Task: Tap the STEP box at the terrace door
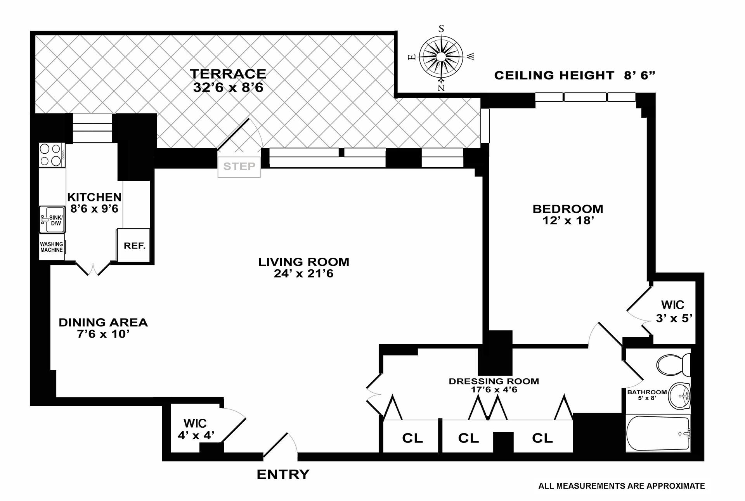[x=239, y=166]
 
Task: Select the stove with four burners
[x=52, y=155]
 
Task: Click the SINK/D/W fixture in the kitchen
[x=52, y=220]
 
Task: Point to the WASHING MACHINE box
[x=52, y=247]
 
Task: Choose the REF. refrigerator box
[x=134, y=245]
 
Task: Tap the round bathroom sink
[x=680, y=395]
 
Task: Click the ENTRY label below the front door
[x=283, y=475]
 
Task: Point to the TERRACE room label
[x=228, y=74]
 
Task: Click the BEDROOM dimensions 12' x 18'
[x=568, y=221]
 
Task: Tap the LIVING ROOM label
[x=303, y=262]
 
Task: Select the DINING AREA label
[x=103, y=322]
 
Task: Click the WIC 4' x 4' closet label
[x=196, y=429]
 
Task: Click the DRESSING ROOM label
[x=494, y=381]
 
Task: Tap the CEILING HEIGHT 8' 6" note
[x=574, y=75]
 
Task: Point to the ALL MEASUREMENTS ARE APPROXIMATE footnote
[x=621, y=486]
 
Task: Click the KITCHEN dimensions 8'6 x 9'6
[x=94, y=209]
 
